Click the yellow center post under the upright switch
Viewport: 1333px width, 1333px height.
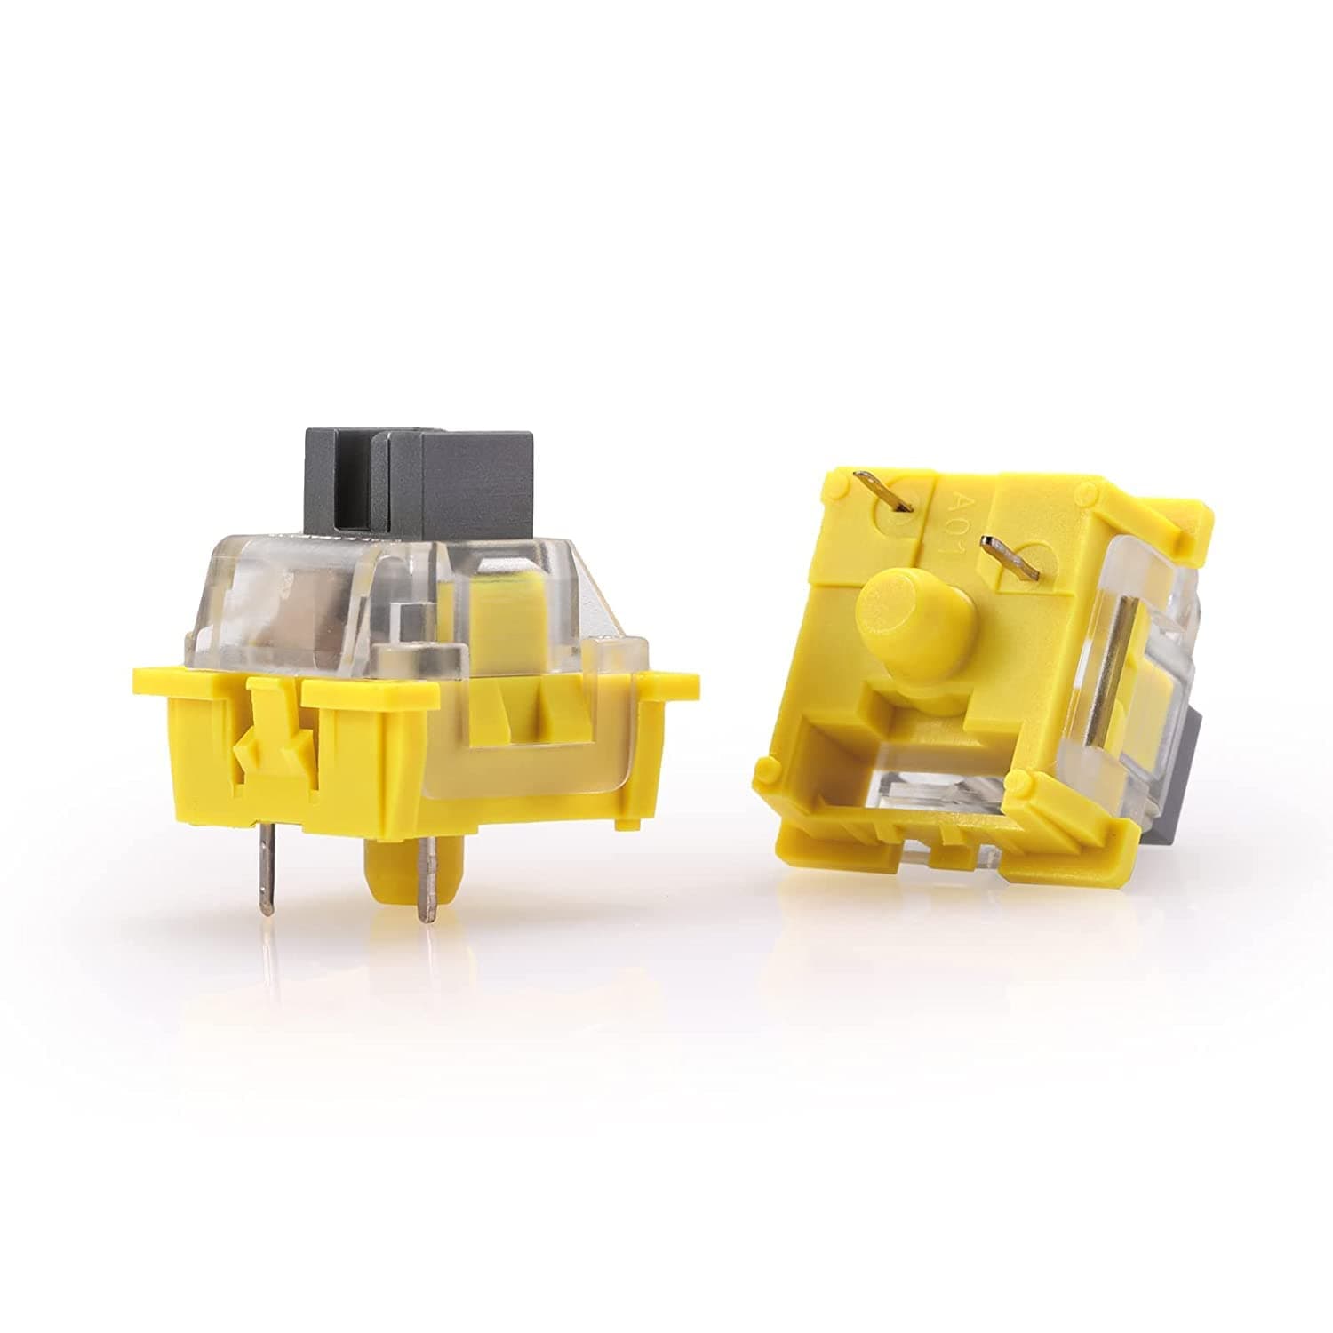click(x=391, y=880)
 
